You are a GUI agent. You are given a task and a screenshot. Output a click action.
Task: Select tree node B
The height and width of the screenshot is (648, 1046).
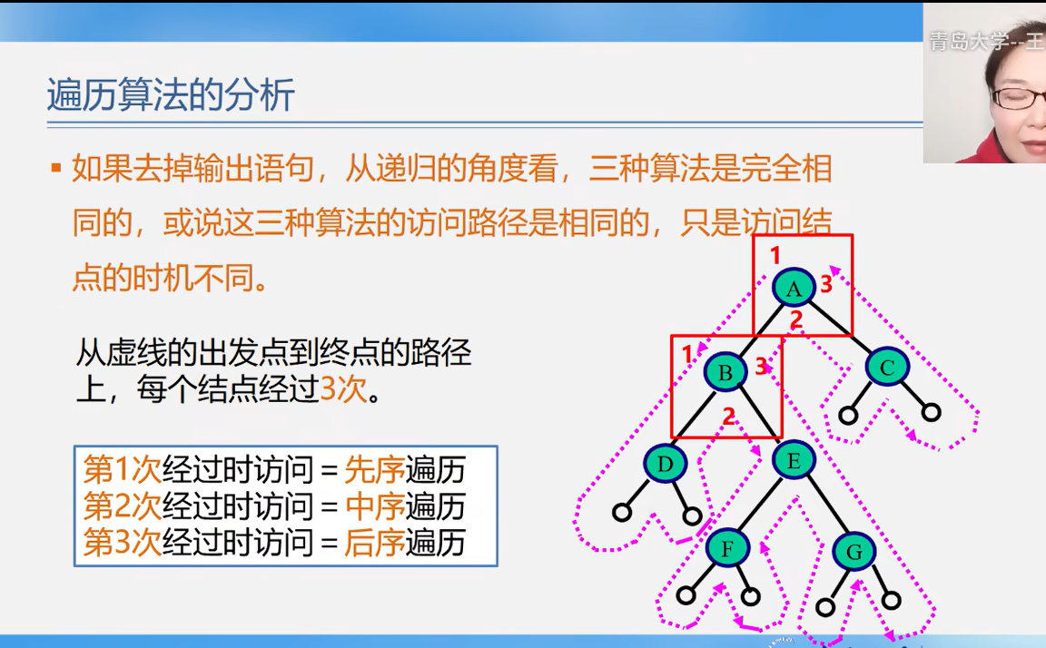[x=725, y=372]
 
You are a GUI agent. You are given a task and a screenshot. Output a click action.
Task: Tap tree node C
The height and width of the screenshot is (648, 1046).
[x=887, y=368]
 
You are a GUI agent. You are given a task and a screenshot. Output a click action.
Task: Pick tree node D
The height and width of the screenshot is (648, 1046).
[x=666, y=465]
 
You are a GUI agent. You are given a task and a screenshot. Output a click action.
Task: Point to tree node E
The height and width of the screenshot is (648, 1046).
[x=794, y=460]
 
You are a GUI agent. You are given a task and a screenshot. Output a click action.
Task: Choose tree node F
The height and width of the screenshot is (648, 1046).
[x=726, y=548]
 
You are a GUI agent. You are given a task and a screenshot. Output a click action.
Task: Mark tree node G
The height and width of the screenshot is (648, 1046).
[x=854, y=551]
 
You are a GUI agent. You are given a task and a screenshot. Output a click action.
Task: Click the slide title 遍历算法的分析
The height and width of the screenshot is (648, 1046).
[x=171, y=94]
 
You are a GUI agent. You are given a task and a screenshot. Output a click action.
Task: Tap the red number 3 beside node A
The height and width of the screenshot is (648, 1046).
[x=826, y=284]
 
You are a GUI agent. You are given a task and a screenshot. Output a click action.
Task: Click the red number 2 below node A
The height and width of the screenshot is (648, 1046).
[x=795, y=319]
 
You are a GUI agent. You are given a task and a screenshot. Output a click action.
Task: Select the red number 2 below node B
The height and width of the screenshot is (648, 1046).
[x=727, y=417]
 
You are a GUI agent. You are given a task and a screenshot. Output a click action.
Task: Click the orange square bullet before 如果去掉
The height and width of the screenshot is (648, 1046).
[x=55, y=168]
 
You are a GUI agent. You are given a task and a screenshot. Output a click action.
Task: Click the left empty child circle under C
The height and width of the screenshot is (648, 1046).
[x=848, y=416]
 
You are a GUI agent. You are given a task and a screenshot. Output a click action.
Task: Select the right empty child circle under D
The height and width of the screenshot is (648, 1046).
[x=692, y=516]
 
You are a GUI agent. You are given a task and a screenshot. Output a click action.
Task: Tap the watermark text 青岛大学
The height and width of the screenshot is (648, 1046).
[x=962, y=41]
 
